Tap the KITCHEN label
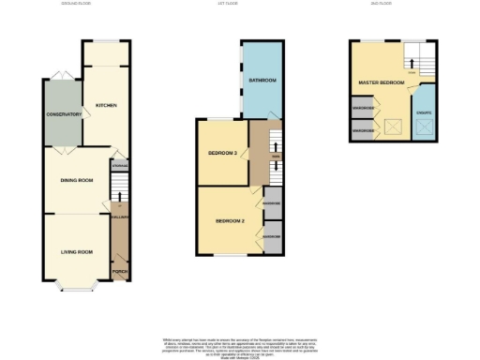click(x=106, y=106)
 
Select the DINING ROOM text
click(x=77, y=180)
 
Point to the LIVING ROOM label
click(x=76, y=251)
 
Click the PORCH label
click(x=120, y=273)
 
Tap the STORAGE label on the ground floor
click(x=119, y=167)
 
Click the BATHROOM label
click(x=262, y=81)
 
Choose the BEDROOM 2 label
click(x=230, y=221)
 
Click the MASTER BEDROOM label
click(x=382, y=83)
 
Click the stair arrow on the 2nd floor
click(x=411, y=63)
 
